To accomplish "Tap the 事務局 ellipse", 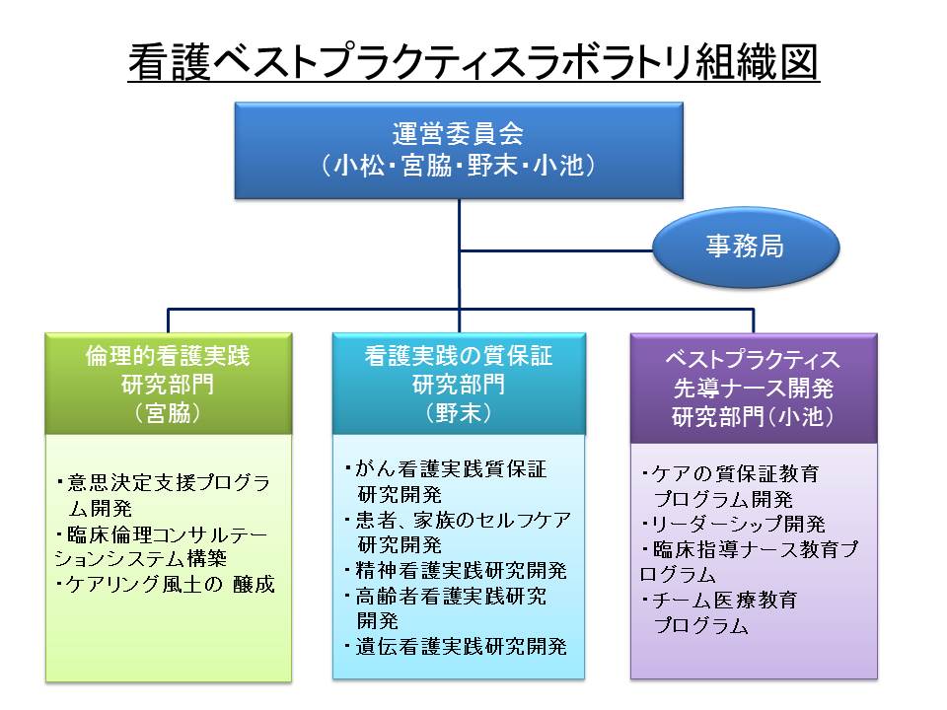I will tap(745, 247).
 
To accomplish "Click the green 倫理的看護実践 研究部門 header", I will tap(168, 370).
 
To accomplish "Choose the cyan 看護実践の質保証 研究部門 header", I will tap(457, 370).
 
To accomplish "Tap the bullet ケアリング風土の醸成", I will tap(167, 585).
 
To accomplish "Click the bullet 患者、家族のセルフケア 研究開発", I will tap(458, 531).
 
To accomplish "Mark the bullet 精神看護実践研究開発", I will tap(456, 570).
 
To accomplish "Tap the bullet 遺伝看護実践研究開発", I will tap(456, 647).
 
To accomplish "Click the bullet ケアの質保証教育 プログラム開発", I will tap(730, 486).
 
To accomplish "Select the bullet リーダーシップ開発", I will tap(734, 524).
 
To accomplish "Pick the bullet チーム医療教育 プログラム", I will tap(720, 611).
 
